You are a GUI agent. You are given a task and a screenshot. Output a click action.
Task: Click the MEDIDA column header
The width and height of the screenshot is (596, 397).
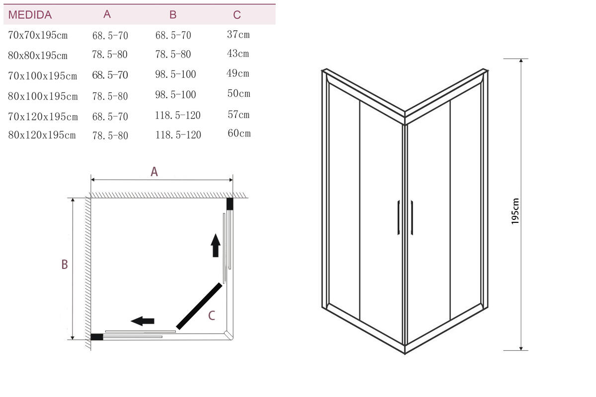point(30,15)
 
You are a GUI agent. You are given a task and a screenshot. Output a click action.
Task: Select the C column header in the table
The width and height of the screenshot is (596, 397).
point(237,15)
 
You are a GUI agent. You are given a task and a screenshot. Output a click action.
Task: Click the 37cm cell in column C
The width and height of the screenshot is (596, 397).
point(238,34)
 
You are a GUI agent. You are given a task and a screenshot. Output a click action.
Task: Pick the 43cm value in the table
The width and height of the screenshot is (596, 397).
point(238,54)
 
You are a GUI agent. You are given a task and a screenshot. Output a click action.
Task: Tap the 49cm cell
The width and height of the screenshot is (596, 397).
point(238,73)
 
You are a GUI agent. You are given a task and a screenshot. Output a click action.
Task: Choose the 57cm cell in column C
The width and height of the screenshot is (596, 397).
point(238,115)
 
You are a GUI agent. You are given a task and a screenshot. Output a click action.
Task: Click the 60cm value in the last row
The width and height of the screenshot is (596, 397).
point(239,133)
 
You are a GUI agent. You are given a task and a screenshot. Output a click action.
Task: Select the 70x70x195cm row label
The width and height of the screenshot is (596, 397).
point(38,35)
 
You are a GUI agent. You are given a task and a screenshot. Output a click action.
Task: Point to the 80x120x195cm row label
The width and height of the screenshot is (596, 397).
point(42,135)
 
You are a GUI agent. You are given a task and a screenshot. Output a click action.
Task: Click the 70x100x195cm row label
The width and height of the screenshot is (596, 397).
point(43,76)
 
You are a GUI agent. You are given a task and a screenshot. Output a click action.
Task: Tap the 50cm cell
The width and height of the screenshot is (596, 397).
point(238,94)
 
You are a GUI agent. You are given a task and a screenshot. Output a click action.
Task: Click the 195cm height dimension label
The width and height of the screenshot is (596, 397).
point(515,211)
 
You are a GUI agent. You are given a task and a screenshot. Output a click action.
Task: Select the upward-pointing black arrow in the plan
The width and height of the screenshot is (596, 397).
point(216,245)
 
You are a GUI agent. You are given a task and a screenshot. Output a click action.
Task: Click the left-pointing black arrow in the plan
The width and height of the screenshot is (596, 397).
point(143,321)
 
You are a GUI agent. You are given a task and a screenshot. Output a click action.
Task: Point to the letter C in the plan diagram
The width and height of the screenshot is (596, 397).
point(212,316)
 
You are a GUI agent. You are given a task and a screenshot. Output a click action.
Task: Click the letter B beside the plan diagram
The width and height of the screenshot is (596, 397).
point(65,265)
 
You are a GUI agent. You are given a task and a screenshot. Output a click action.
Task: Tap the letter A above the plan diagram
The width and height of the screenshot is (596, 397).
point(154,172)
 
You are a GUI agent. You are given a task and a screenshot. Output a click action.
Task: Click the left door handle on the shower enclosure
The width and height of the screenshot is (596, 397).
point(399,217)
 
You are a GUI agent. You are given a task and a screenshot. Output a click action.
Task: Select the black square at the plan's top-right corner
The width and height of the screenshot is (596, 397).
point(230,203)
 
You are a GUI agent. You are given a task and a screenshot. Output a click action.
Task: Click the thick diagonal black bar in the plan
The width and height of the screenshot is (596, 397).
point(199,306)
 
